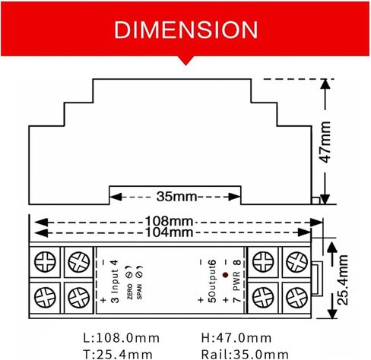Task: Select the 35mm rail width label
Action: tap(176, 197)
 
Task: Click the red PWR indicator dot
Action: tap(226, 271)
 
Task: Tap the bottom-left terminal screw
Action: tap(46, 295)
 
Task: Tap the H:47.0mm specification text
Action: tap(235, 338)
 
